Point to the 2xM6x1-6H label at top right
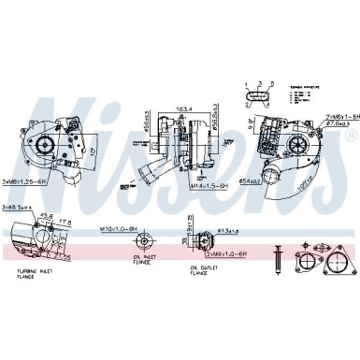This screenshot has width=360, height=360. click(329, 117)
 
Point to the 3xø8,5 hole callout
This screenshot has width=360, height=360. click(18, 206)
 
